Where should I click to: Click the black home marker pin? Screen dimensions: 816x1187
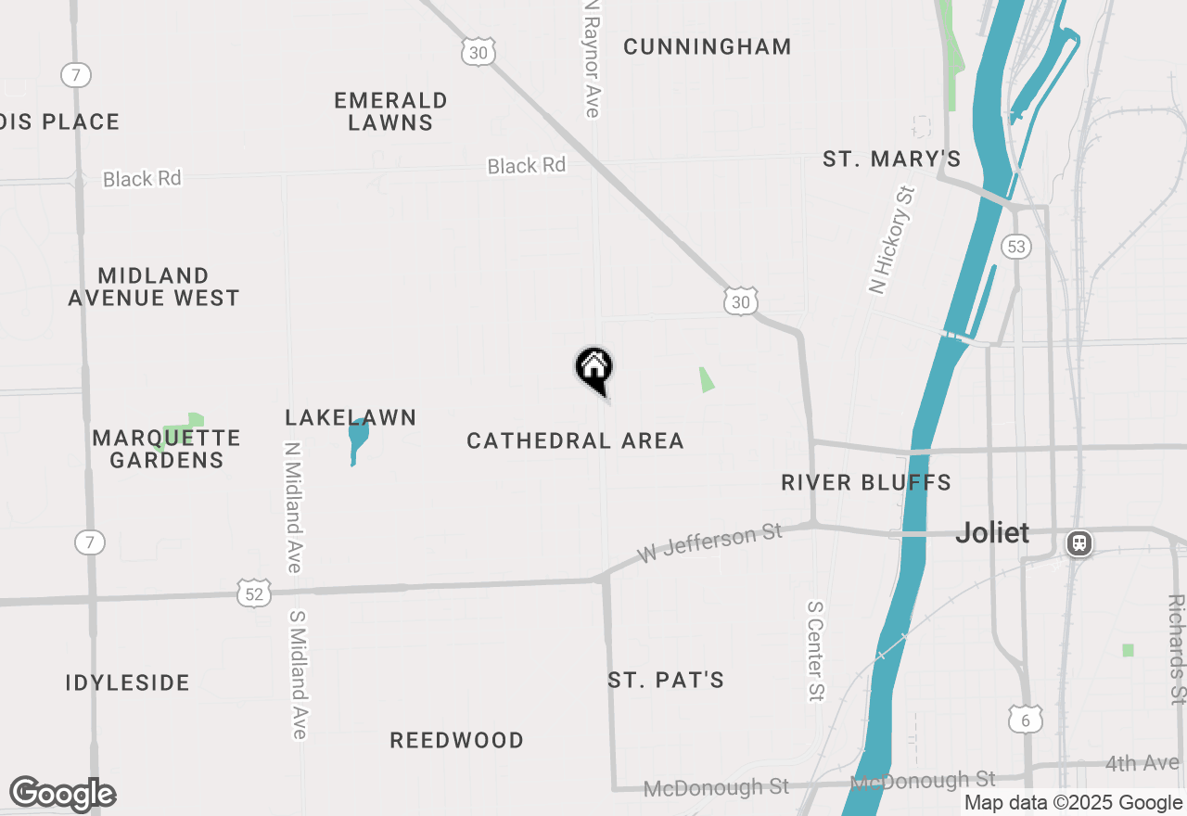pos(593,369)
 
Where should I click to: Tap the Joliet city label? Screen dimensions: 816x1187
pos(992,533)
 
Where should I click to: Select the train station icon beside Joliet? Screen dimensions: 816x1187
pos(1079,542)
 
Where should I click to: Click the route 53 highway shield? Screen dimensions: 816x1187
pos(1016,246)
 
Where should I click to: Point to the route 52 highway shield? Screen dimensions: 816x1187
pos(253,593)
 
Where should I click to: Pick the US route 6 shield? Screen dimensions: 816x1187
pos(1026,719)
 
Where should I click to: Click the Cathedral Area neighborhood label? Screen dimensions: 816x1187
pos(575,440)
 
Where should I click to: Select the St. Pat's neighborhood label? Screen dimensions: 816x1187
pos(666,680)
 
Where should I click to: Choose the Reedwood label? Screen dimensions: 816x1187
pos(456,740)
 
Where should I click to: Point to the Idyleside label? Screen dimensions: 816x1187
pos(128,683)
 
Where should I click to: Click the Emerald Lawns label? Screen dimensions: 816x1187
pos(390,111)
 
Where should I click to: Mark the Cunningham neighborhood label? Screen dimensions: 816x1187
pos(707,47)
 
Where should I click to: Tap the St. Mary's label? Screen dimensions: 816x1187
pos(892,159)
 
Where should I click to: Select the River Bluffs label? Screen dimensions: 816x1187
pos(866,482)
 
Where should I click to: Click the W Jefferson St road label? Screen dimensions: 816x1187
pos(710,542)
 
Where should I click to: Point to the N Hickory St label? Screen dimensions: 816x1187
pos(892,240)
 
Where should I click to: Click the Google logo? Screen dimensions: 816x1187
pos(63,795)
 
